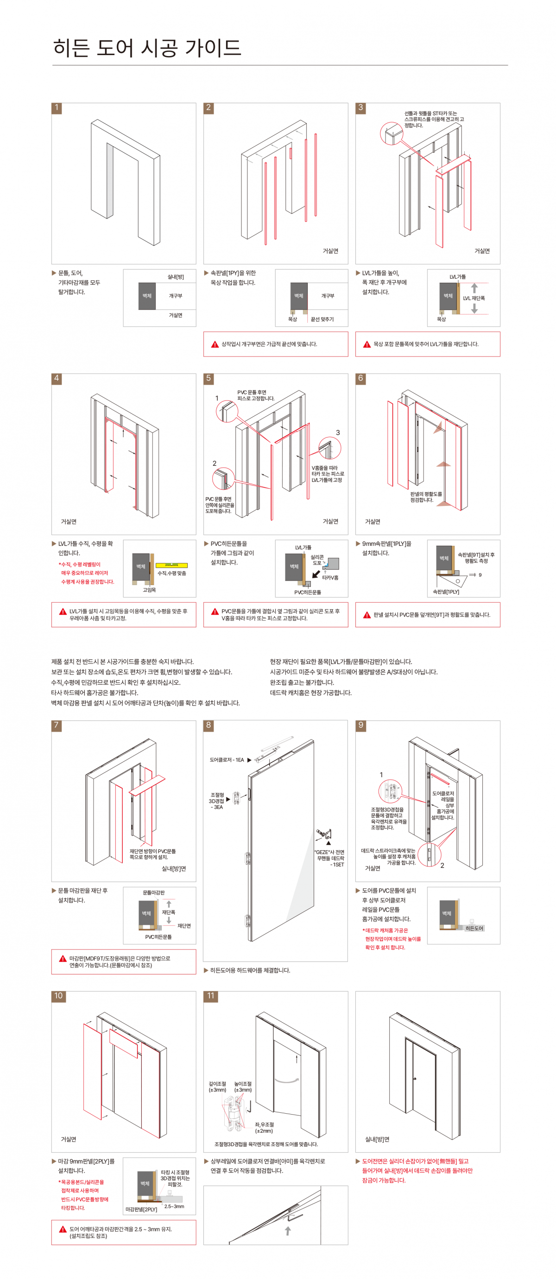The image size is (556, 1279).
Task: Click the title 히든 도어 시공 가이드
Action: [147, 48]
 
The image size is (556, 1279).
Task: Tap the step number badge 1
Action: [57, 108]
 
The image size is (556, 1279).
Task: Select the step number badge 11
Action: [211, 996]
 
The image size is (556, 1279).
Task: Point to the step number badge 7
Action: [57, 725]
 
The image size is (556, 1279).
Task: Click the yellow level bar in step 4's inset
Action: [171, 565]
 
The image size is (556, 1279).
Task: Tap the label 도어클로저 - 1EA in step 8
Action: [227, 760]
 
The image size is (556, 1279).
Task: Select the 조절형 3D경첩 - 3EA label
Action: [216, 801]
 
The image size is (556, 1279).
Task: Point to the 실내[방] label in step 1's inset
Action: [176, 276]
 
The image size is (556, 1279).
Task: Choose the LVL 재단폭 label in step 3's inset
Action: [474, 298]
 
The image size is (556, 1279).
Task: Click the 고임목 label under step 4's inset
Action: [149, 590]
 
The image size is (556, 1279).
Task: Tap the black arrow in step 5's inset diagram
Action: [316, 574]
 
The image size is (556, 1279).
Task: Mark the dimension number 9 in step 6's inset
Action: [480, 575]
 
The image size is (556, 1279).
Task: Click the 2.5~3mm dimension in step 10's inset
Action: [174, 1206]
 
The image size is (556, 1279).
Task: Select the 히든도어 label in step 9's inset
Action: [474, 928]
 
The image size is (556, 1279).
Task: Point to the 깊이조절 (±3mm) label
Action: [217, 1086]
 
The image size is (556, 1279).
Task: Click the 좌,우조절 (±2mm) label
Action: [264, 1128]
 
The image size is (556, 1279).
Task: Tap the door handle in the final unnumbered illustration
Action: [415, 1079]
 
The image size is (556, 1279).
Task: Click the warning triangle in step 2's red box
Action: [215, 344]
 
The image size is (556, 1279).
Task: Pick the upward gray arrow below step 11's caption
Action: [288, 1231]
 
